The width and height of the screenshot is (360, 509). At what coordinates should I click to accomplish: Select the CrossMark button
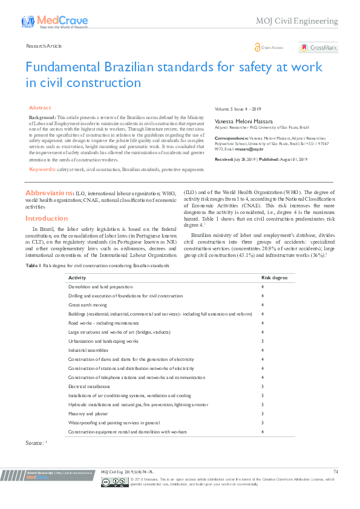[x=318, y=47]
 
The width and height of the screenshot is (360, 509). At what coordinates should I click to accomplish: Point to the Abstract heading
[x=41, y=108]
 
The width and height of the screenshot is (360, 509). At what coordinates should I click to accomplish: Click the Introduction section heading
[x=47, y=218]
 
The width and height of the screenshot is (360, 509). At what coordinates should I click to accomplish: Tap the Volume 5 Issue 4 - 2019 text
[x=237, y=108]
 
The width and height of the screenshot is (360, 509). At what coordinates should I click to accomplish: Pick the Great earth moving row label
[x=88, y=305]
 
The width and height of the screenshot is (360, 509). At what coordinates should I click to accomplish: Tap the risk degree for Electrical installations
[x=262, y=386]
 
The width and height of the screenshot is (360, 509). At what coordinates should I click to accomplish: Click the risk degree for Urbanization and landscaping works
[x=262, y=341]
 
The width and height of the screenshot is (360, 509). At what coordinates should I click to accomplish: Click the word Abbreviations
[x=50, y=192]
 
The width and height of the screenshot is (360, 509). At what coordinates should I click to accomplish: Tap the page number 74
[x=335, y=470]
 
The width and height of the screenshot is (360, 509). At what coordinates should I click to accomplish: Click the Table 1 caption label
[x=33, y=266]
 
